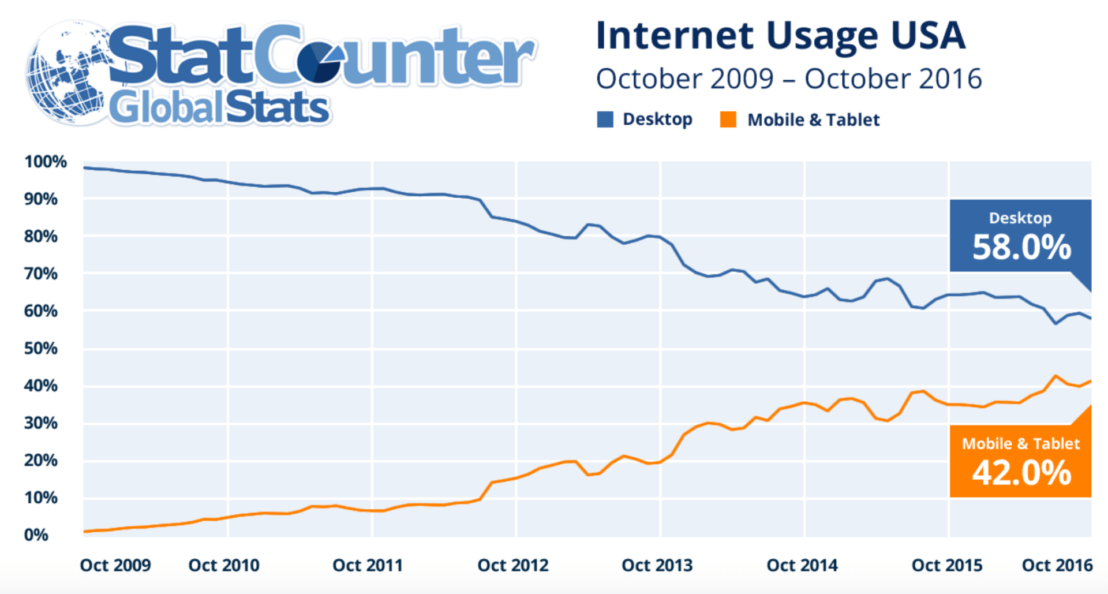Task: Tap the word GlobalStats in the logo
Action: (x=219, y=108)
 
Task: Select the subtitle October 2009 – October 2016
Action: (x=788, y=79)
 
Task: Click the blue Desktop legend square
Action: (x=605, y=119)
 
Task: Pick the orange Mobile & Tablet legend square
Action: (x=728, y=119)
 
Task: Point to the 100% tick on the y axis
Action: (x=45, y=162)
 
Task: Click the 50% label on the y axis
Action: (x=40, y=349)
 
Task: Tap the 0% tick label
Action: (x=36, y=535)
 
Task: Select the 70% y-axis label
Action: (x=40, y=274)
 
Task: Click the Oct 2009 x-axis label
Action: (x=115, y=565)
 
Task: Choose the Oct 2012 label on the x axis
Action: (x=512, y=565)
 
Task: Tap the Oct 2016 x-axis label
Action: (x=1057, y=565)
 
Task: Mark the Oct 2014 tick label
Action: (x=802, y=565)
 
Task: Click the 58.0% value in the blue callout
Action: (x=1021, y=247)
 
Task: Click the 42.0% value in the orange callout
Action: (x=1021, y=473)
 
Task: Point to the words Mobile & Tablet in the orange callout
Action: (x=1020, y=443)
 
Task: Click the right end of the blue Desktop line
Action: (x=1090, y=318)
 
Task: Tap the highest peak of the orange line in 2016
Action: (x=1055, y=376)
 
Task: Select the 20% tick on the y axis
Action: (x=40, y=461)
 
